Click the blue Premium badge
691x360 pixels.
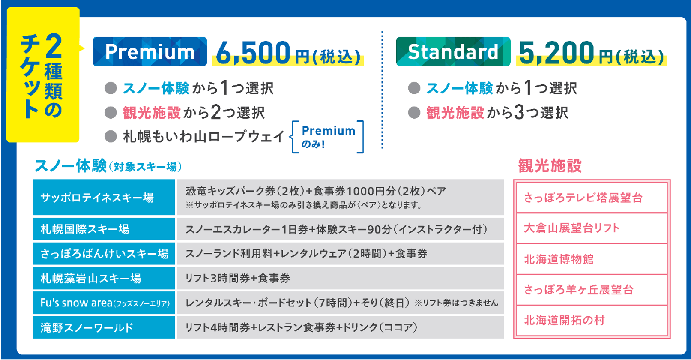click(150, 52)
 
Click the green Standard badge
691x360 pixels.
click(453, 52)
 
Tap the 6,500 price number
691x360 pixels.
click(253, 53)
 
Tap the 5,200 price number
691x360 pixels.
click(556, 53)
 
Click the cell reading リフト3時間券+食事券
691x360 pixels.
click(238, 279)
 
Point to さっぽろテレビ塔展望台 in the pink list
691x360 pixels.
click(583, 198)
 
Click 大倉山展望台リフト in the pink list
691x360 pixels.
click(572, 228)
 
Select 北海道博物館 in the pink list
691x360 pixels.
click(559, 259)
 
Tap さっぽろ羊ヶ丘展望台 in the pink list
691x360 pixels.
click(578, 290)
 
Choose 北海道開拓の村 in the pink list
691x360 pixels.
click(564, 321)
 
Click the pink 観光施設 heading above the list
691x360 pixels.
click(550, 166)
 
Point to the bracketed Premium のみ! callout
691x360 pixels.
click(328, 137)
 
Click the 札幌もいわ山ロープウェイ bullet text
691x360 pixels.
click(203, 137)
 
